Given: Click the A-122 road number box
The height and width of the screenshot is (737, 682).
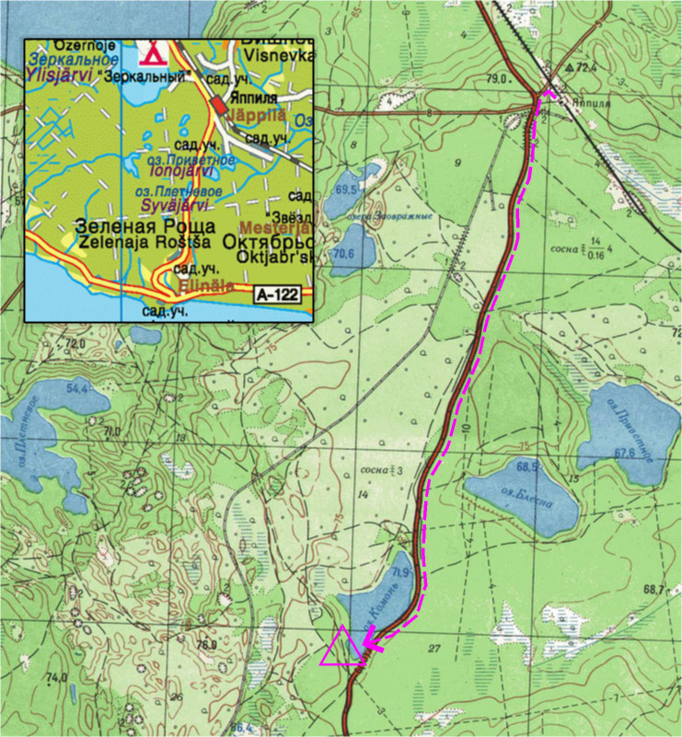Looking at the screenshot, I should click(x=278, y=295).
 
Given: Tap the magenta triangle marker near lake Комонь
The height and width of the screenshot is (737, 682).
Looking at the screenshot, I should click(x=341, y=646).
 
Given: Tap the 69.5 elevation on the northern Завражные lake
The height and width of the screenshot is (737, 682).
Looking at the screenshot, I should click(x=347, y=189).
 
